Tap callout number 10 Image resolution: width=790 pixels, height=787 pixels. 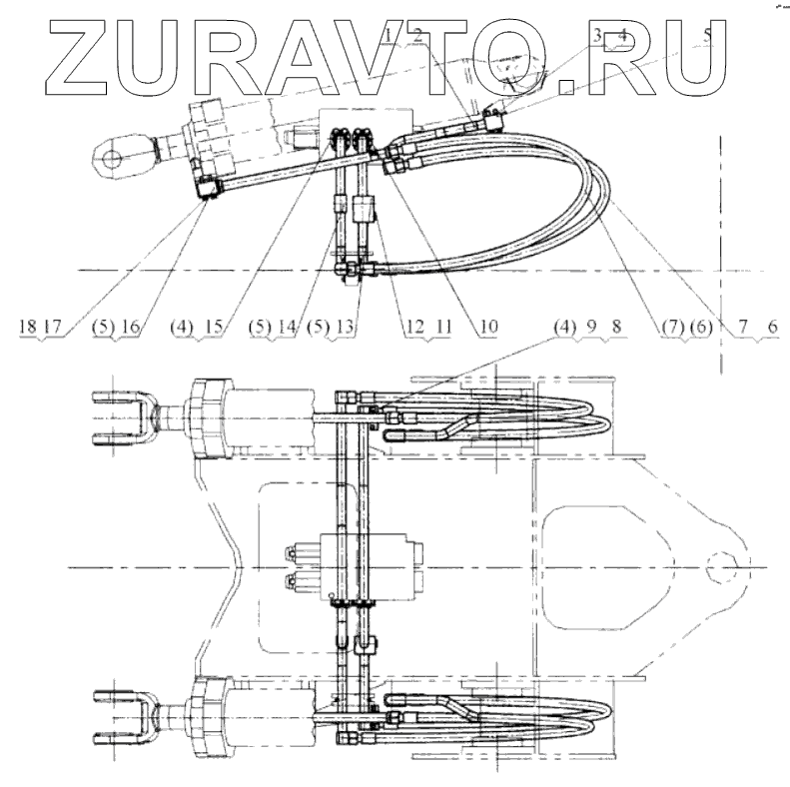click(486, 326)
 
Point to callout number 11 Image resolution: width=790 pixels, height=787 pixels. click(440, 326)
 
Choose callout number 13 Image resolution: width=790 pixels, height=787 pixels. click(347, 326)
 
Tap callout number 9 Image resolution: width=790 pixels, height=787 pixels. click(591, 326)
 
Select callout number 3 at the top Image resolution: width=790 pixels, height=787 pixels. click(598, 37)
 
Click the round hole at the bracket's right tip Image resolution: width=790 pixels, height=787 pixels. click(719, 566)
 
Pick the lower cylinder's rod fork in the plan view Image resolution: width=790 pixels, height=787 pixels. click(125, 718)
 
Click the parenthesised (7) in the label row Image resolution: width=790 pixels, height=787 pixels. click(668, 326)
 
